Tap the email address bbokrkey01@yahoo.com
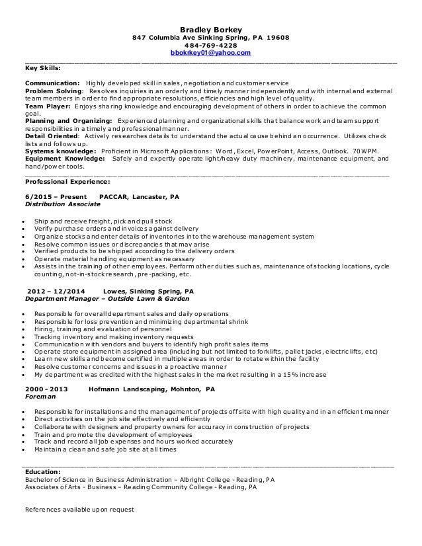(x=211, y=52)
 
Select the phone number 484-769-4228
(x=211, y=44)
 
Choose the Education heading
(x=42, y=471)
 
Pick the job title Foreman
(x=40, y=398)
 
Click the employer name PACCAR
(x=112, y=197)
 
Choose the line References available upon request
(x=79, y=510)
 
